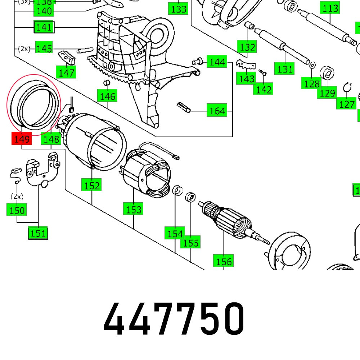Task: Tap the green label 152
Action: (x=92, y=186)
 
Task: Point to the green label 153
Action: (x=133, y=209)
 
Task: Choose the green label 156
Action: (x=223, y=261)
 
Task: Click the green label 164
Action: (x=217, y=111)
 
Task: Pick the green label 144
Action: (x=217, y=62)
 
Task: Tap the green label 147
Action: (x=67, y=73)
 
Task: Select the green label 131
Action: (x=285, y=68)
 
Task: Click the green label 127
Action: (x=346, y=104)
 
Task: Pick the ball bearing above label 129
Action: (x=328, y=73)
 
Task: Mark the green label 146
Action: (x=108, y=96)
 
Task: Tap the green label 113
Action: (x=330, y=8)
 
